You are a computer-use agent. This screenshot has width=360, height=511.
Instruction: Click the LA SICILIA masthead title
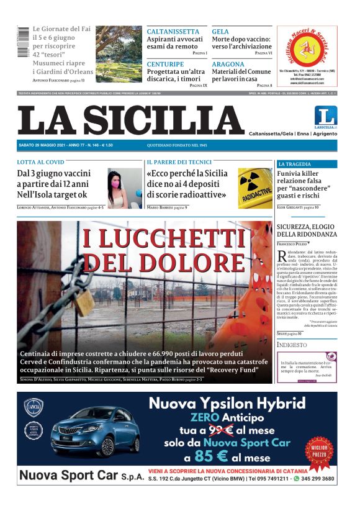pyautogui.click(x=131, y=120)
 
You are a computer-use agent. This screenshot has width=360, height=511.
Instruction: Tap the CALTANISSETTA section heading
pyautogui.click(x=173, y=32)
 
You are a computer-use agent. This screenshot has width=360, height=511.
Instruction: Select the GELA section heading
pyautogui.click(x=220, y=32)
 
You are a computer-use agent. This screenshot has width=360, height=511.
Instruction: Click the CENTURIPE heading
pyautogui.click(x=165, y=64)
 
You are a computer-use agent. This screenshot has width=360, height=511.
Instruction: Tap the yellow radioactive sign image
pyautogui.click(x=255, y=187)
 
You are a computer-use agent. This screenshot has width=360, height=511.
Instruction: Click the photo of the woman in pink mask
pyautogui.click(x=125, y=188)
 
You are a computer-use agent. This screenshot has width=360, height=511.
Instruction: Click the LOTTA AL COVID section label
pyautogui.click(x=40, y=162)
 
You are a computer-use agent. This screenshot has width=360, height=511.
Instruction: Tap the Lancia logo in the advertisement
pyautogui.click(x=33, y=407)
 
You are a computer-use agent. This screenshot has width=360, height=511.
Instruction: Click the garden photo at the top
pyautogui.click(x=119, y=54)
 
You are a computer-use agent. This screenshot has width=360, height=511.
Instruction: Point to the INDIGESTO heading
pyautogui.click(x=292, y=345)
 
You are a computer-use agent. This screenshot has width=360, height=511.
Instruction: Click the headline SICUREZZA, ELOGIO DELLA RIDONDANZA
pyautogui.click(x=307, y=230)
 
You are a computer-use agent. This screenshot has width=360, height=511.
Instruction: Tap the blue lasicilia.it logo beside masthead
pyautogui.click(x=325, y=117)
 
